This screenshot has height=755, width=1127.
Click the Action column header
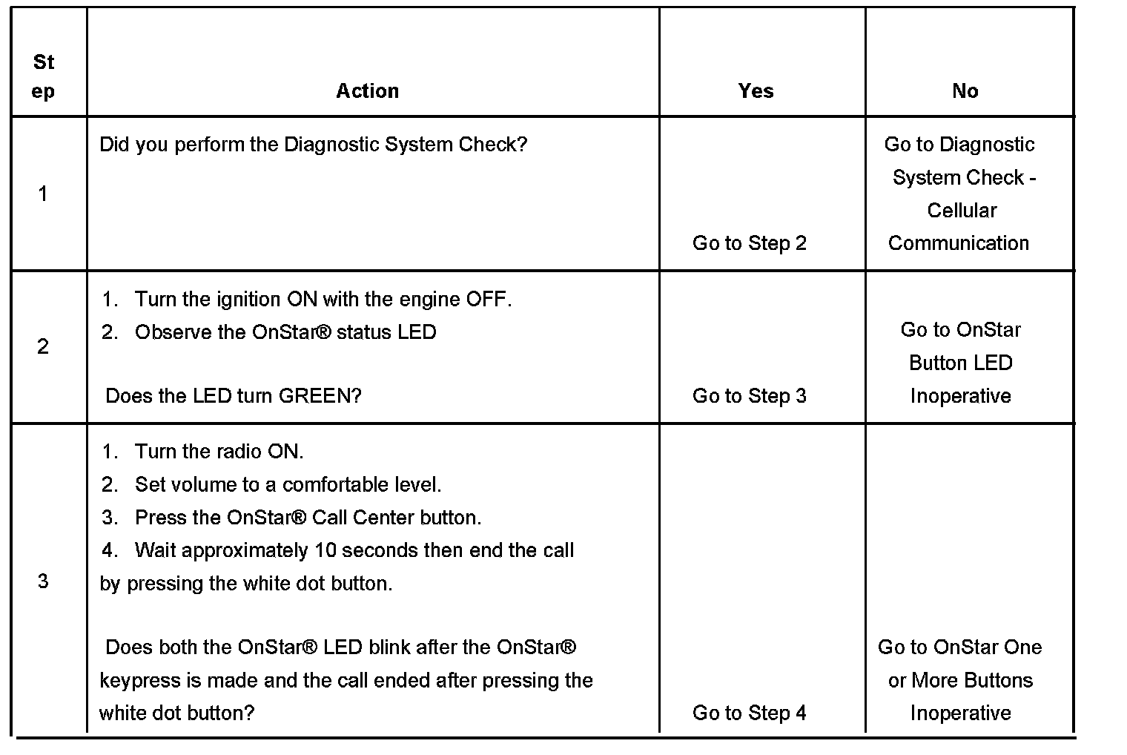pos(368,91)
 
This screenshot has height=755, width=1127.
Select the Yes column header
pos(756,91)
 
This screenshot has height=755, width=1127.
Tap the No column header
pos(965,91)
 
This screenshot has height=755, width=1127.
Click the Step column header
pos(44,76)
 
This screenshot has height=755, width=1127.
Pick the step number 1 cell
pos(43,194)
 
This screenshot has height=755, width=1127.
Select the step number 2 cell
pos(43,346)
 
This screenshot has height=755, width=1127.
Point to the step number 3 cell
pos(43,581)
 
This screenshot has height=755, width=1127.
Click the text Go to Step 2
pos(749,243)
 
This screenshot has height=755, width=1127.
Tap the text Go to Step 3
pos(749,396)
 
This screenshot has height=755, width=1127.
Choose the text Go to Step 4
pos(749,713)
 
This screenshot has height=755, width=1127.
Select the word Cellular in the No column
pos(962,211)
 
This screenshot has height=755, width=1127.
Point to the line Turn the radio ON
pos(219,452)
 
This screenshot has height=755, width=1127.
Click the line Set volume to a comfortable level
pos(288,485)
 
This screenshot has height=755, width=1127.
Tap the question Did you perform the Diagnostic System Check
pos(313,145)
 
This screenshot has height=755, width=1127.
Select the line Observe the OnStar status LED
pos(285,332)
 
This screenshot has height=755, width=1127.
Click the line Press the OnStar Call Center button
pos(308,518)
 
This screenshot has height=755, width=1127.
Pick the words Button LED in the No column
pos(960,363)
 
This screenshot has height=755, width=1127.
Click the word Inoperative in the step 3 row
pos(960,713)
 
